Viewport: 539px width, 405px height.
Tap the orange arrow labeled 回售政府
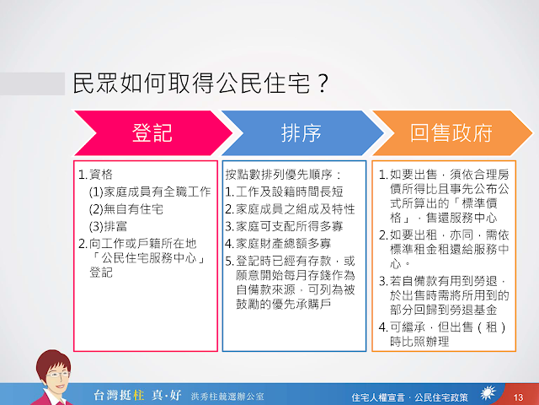click(x=451, y=133)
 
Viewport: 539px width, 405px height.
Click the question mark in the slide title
click(x=323, y=83)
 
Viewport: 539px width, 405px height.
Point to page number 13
click(x=518, y=397)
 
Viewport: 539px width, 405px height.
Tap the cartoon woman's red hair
click(x=53, y=362)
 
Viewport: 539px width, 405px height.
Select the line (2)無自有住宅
click(x=125, y=209)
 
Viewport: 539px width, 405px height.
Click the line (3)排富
click(x=108, y=227)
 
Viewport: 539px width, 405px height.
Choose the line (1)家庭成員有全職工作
click(x=150, y=192)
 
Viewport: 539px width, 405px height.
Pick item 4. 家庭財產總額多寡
click(x=278, y=244)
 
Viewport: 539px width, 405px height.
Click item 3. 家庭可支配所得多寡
click(x=284, y=227)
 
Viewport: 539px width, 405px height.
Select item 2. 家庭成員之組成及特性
click(x=290, y=209)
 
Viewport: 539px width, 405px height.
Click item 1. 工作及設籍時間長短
click(x=284, y=192)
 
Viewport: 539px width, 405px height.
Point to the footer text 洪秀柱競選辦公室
click(x=227, y=397)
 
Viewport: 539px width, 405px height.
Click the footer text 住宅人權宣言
click(x=378, y=397)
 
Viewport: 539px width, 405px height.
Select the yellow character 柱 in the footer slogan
click(x=138, y=395)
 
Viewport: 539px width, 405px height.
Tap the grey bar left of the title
click(x=32, y=84)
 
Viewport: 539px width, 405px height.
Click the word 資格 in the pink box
click(x=101, y=175)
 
